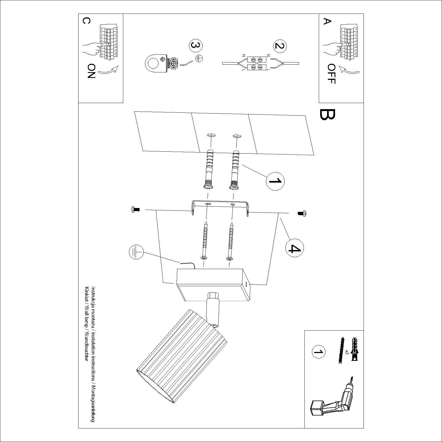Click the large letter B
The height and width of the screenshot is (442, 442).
(328, 115)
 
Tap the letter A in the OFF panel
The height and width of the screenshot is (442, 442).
(327, 21)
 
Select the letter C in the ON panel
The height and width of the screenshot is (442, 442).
(86, 21)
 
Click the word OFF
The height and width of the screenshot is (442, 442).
(331, 74)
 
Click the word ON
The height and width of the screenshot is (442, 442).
(91, 71)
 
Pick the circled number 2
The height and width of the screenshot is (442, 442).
(280, 46)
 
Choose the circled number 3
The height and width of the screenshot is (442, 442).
(196, 46)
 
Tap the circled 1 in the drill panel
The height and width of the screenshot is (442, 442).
(318, 352)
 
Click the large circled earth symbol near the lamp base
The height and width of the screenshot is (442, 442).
(136, 252)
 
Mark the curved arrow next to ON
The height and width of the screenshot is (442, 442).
(108, 71)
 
